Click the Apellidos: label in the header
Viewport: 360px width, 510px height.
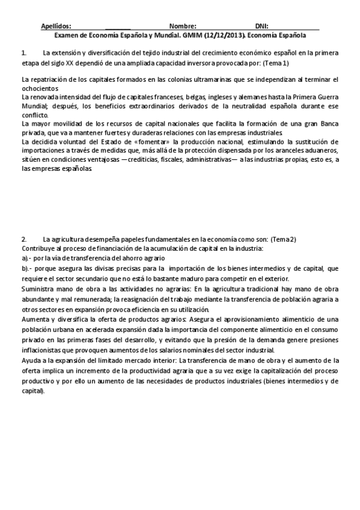pos(56,26)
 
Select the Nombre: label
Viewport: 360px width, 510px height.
pos(183,26)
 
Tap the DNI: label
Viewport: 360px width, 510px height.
pos(261,26)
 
